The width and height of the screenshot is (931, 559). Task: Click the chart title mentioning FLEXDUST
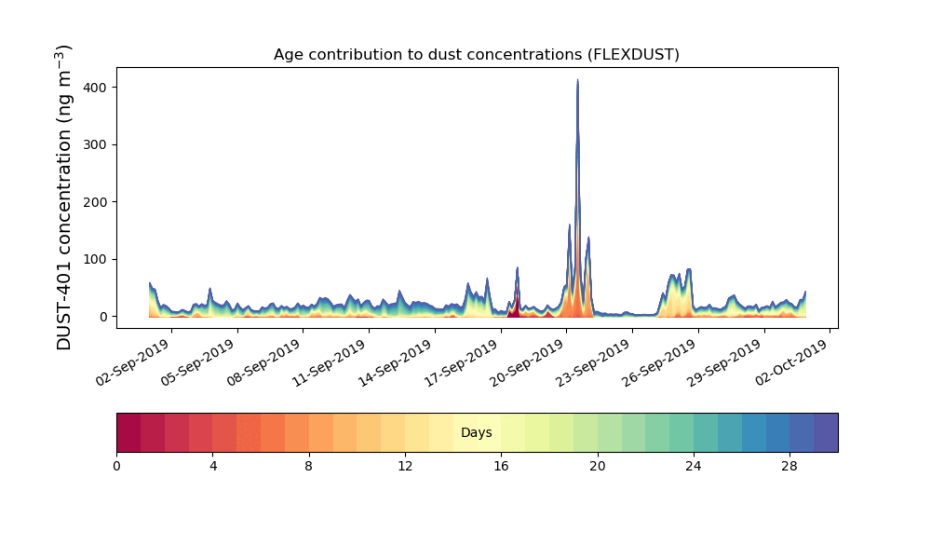click(x=476, y=55)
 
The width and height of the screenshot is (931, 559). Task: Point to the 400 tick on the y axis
click(x=95, y=88)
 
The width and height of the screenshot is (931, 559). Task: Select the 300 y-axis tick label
click(x=95, y=145)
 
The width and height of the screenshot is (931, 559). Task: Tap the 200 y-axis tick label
click(x=95, y=202)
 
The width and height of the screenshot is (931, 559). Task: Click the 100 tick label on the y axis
click(x=95, y=260)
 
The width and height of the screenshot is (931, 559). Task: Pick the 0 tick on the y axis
click(x=104, y=317)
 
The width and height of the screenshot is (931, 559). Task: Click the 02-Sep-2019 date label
click(x=133, y=362)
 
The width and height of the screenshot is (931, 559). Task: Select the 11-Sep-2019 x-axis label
click(x=331, y=362)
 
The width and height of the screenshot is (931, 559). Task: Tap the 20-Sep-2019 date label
click(x=527, y=362)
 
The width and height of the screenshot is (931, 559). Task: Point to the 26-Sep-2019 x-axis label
click(x=660, y=362)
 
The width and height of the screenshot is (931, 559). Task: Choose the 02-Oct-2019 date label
click(x=792, y=362)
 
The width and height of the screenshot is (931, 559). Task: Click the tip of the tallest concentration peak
click(x=578, y=79)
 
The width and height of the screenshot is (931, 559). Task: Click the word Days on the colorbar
click(x=476, y=432)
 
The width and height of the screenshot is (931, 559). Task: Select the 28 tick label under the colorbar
click(x=789, y=467)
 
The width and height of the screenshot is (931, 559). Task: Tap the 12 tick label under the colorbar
click(x=405, y=467)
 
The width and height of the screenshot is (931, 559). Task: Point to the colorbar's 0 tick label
click(x=117, y=467)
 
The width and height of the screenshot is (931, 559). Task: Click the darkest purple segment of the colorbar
click(x=826, y=432)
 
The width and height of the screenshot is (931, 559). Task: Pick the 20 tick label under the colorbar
click(x=598, y=467)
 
